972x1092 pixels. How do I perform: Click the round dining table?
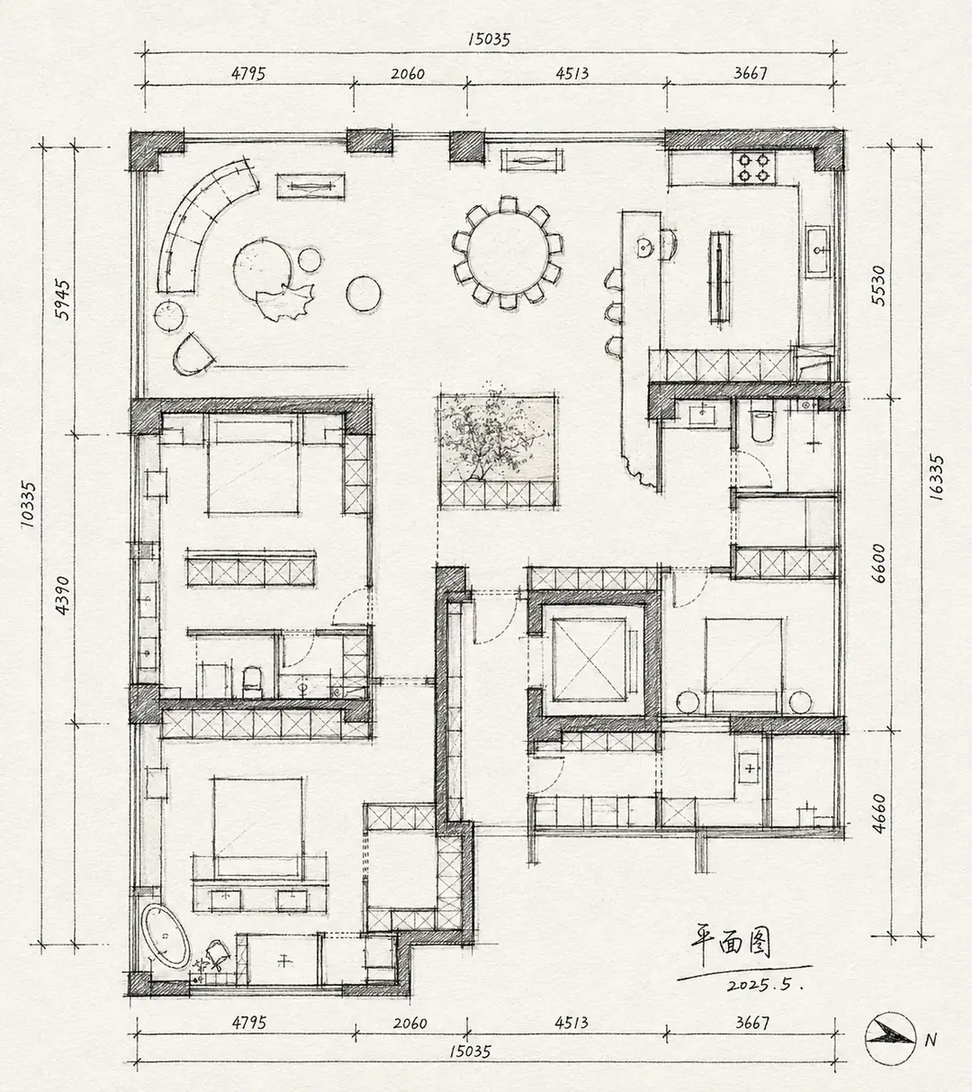coord(508,253)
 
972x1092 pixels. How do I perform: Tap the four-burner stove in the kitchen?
coord(754,167)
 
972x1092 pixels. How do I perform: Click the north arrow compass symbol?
coord(889,1039)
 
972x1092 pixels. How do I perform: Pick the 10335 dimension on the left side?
coord(28,504)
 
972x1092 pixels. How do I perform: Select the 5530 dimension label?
coord(878,285)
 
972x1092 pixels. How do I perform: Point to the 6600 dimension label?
coord(878,563)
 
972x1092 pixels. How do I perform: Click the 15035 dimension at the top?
coord(489,40)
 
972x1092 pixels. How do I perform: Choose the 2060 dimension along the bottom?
coord(410,1023)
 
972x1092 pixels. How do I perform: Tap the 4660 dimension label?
coord(878,814)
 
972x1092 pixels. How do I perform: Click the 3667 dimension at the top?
coord(750,73)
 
